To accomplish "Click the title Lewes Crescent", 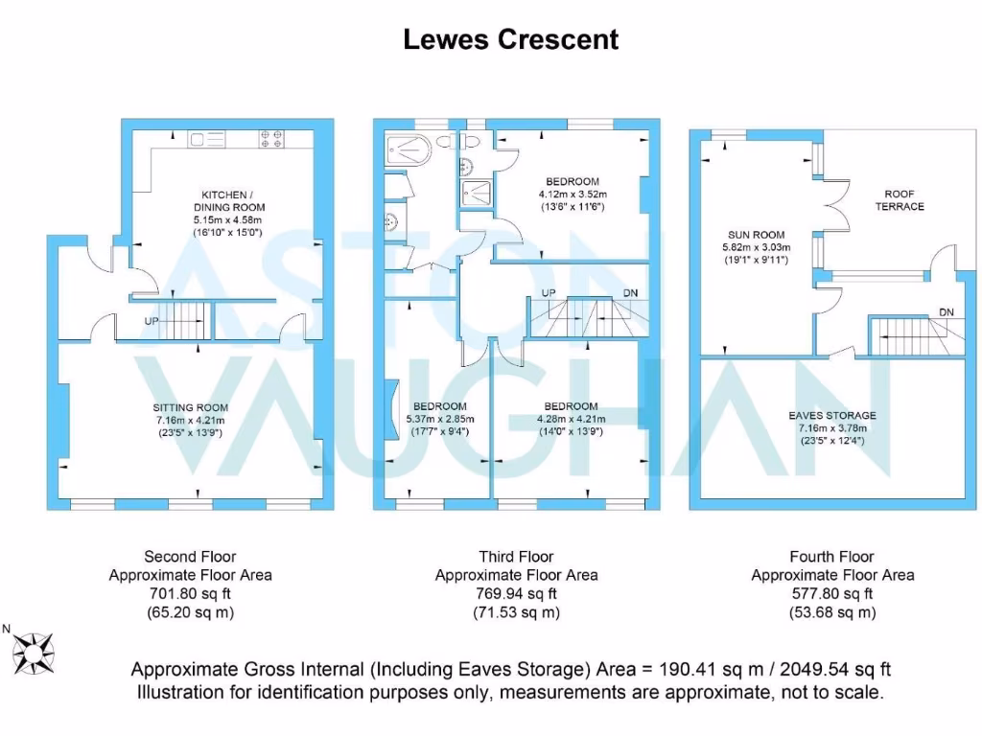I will click(510, 39).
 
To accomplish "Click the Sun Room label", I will click(756, 235).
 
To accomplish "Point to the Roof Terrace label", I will click(900, 200).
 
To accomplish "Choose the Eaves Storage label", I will click(831, 415).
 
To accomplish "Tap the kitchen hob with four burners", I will click(270, 140).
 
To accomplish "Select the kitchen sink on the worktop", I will click(206, 140).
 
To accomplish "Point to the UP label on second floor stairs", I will click(152, 321).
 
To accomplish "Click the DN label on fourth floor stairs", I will click(946, 312).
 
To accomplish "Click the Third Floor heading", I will click(516, 556).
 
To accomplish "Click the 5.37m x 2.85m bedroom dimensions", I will click(440, 419).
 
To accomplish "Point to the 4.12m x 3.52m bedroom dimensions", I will click(573, 195).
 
